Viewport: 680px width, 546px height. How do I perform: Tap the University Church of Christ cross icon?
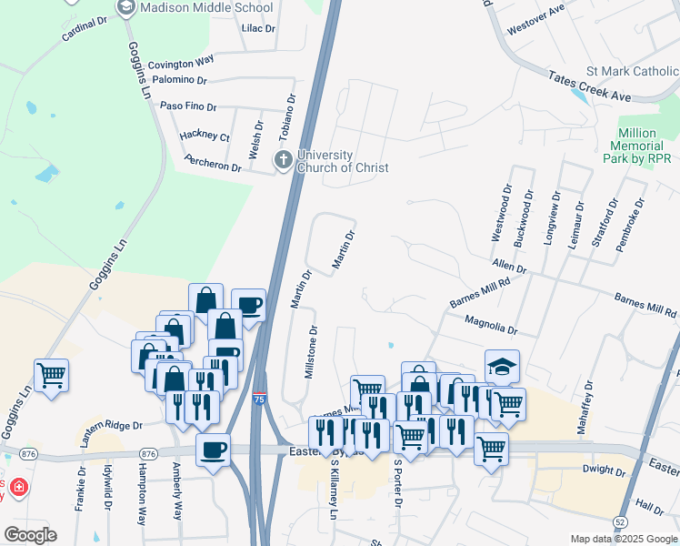coord(284,161)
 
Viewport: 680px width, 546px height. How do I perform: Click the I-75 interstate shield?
coord(260,399)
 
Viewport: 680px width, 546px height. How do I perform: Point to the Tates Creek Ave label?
coord(588,88)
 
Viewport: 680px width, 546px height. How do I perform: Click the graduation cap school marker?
coord(502,365)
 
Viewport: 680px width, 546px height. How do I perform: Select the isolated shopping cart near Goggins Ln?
coord(52,373)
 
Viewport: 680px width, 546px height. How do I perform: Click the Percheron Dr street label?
coord(211,167)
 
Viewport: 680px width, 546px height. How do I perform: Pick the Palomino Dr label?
coord(180,81)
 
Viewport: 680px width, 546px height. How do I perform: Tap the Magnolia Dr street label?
coord(490,326)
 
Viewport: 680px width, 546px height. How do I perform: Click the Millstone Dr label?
coord(310,353)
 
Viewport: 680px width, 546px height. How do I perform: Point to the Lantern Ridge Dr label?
coord(113,425)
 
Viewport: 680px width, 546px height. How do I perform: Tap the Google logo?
coord(30,535)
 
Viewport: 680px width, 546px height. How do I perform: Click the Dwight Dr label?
coord(604,470)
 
